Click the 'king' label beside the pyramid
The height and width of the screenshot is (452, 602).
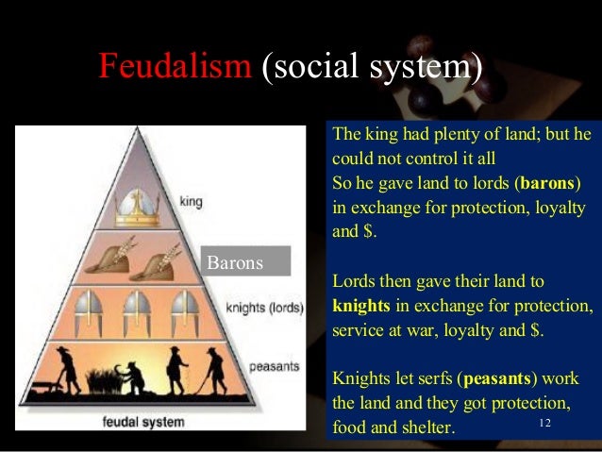click(192, 201)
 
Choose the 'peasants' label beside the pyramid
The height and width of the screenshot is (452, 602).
click(273, 366)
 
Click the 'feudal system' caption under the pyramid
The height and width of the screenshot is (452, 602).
click(142, 421)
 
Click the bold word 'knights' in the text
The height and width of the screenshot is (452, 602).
click(361, 306)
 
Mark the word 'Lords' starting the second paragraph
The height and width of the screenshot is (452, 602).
click(354, 281)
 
